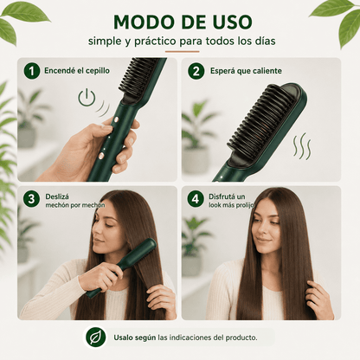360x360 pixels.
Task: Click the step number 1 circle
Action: pyautogui.click(x=32, y=71)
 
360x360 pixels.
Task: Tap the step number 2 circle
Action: pyautogui.click(x=196, y=71)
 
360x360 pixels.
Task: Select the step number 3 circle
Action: pyautogui.click(x=31, y=199)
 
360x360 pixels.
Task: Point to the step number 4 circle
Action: pyautogui.click(x=196, y=199)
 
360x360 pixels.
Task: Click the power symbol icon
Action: pyautogui.click(x=87, y=98)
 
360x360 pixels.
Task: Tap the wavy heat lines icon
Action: pyautogui.click(x=302, y=147)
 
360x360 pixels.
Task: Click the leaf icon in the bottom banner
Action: pyautogui.click(x=95, y=337)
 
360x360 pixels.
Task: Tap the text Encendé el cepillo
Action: pyautogui.click(x=77, y=71)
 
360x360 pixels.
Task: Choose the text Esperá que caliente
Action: pyautogui.click(x=246, y=71)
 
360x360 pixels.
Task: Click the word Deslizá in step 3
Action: pyautogui.click(x=57, y=196)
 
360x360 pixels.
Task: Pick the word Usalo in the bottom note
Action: pyautogui.click(x=123, y=337)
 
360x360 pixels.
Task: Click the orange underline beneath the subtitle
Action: pyautogui.click(x=182, y=52)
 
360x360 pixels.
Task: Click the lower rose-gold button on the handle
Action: pyautogui.click(x=101, y=156)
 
